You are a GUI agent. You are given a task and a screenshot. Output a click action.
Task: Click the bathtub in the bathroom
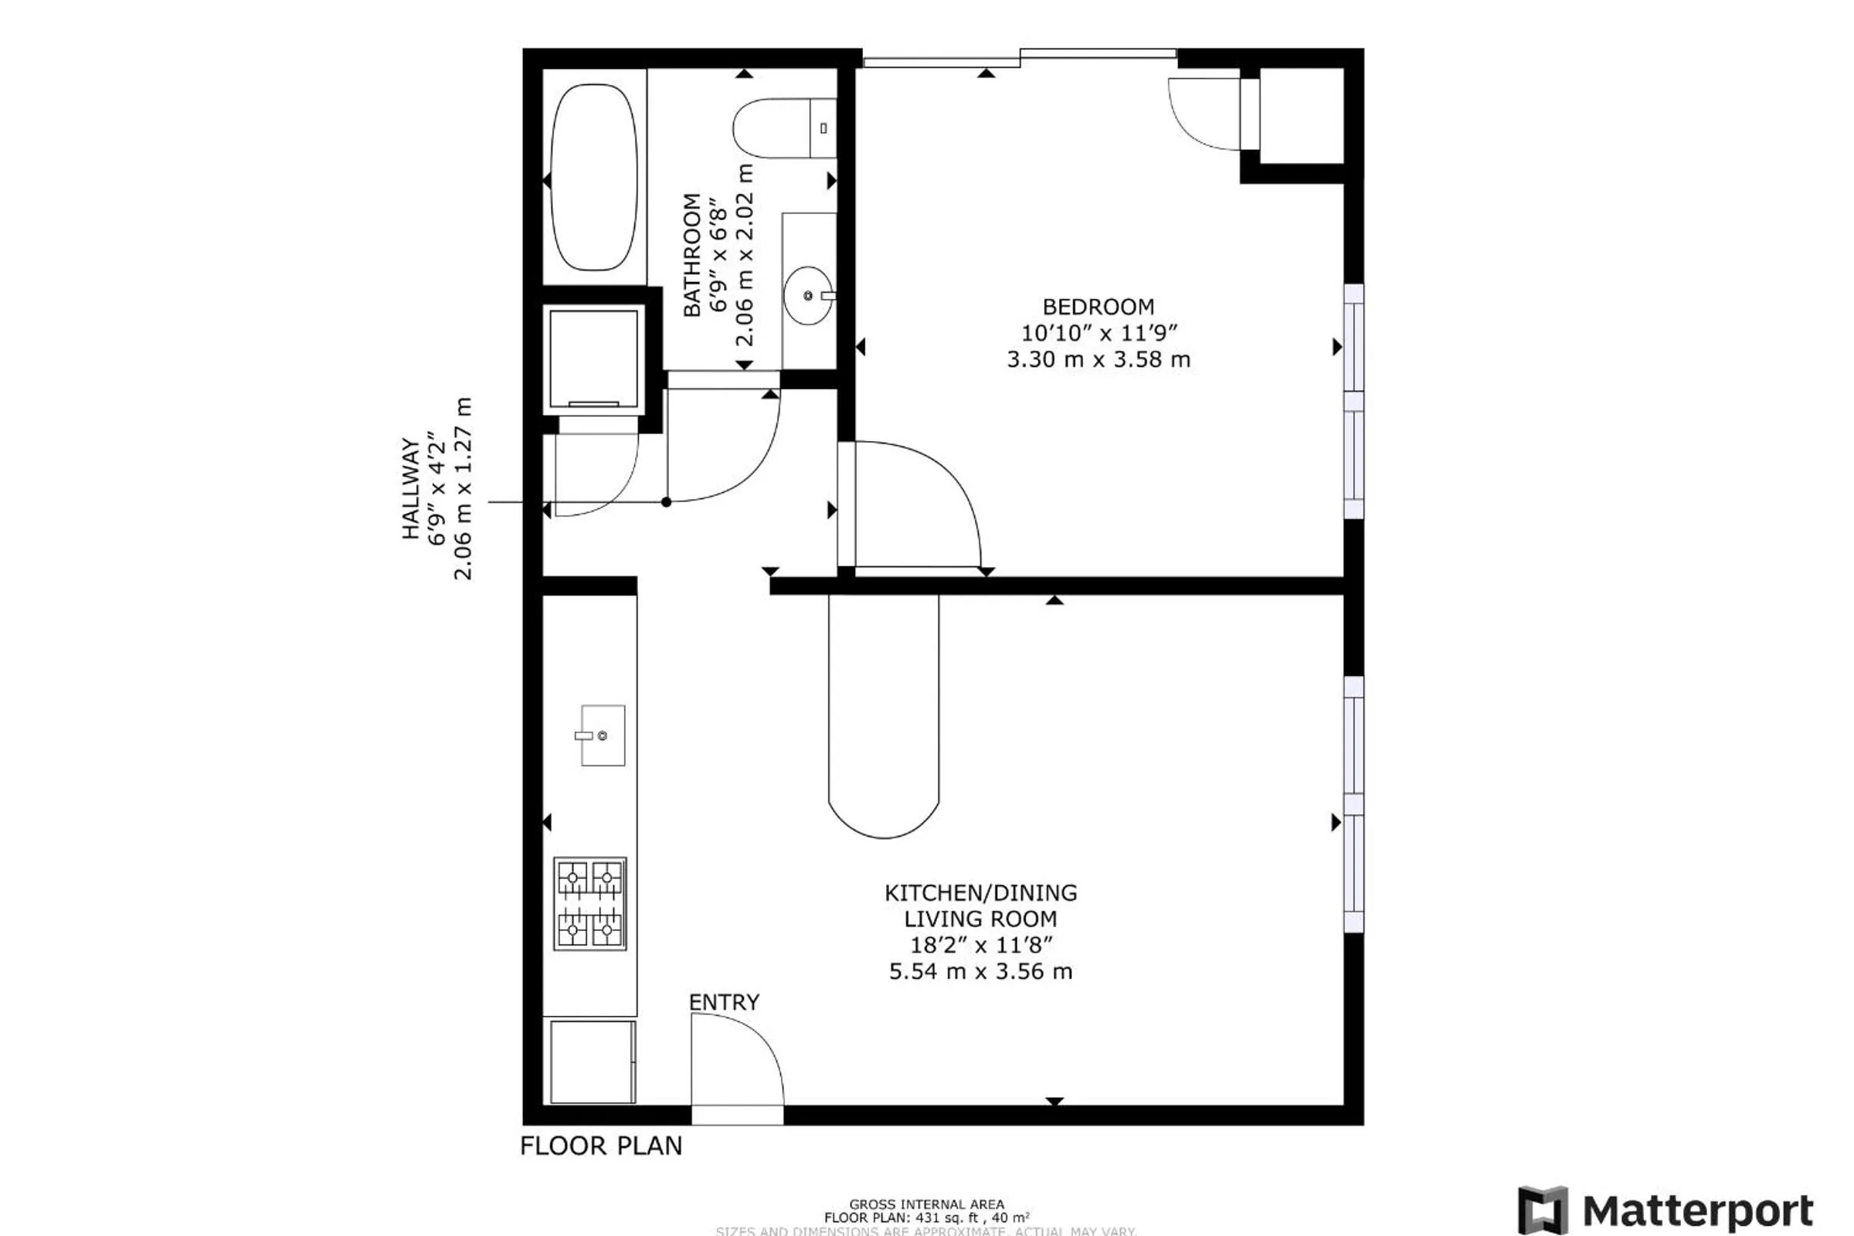point(593,177)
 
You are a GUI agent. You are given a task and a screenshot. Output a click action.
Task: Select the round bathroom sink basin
point(807,296)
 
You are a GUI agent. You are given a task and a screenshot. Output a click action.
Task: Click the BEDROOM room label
point(1098,307)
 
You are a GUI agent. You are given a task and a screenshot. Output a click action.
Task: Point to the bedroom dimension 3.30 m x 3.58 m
point(1098,359)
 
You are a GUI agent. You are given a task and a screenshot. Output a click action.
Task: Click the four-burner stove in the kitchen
point(589,903)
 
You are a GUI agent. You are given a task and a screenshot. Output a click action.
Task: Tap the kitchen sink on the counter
point(603,735)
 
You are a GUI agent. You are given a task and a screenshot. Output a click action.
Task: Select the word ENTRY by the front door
point(724,1002)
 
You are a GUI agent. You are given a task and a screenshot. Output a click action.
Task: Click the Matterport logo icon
point(1543,1208)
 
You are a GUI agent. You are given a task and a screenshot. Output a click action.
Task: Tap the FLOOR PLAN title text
point(601,1146)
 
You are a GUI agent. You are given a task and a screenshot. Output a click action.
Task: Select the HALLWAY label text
point(410,489)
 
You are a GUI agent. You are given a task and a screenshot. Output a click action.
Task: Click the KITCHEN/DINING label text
point(980,893)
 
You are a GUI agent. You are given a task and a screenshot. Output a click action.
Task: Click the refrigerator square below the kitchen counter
point(593,1061)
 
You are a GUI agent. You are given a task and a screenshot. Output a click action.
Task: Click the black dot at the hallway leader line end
point(666,502)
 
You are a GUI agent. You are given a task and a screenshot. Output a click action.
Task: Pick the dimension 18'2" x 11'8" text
point(980,944)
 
